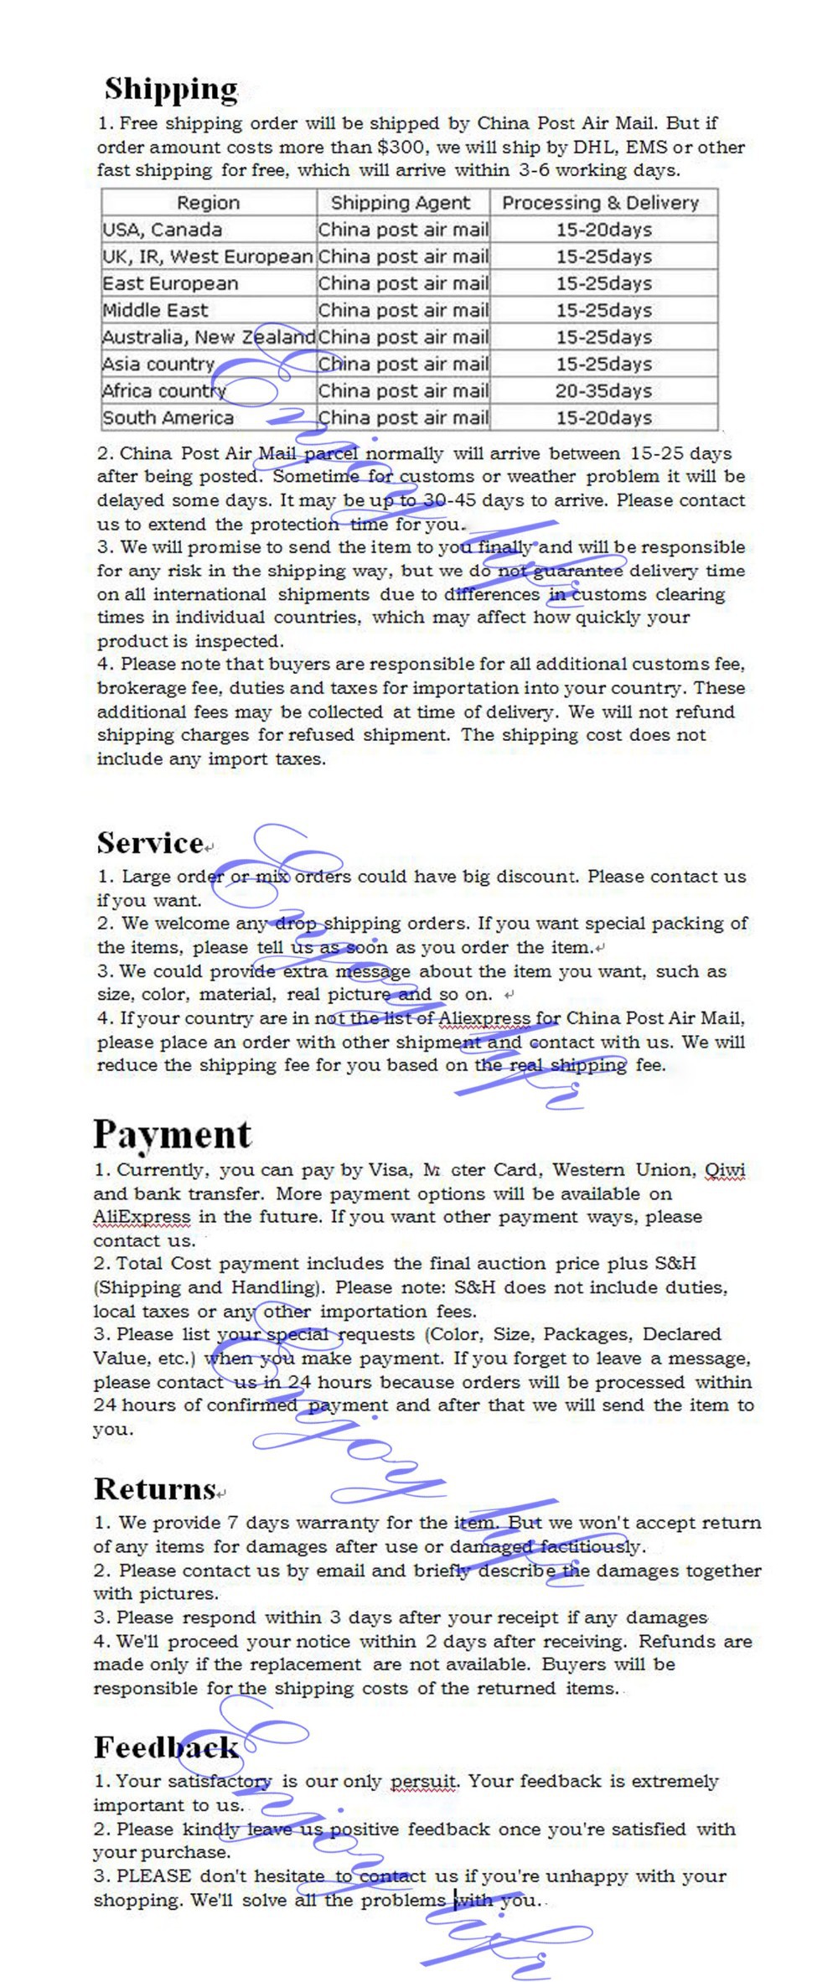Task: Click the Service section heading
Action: [150, 842]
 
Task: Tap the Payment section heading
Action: [172, 1134]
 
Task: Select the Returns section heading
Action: [155, 1488]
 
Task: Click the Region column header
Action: [208, 203]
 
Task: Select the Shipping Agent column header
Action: [401, 203]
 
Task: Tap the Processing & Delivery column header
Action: [600, 203]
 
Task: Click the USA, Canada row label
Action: [163, 230]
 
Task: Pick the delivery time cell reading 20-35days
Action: [603, 391]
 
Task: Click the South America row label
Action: [168, 417]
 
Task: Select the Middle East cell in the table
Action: [155, 310]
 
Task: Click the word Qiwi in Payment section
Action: [725, 1170]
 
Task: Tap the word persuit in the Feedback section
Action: [424, 1782]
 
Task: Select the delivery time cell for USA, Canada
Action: [603, 230]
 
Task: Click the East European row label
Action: [170, 283]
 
